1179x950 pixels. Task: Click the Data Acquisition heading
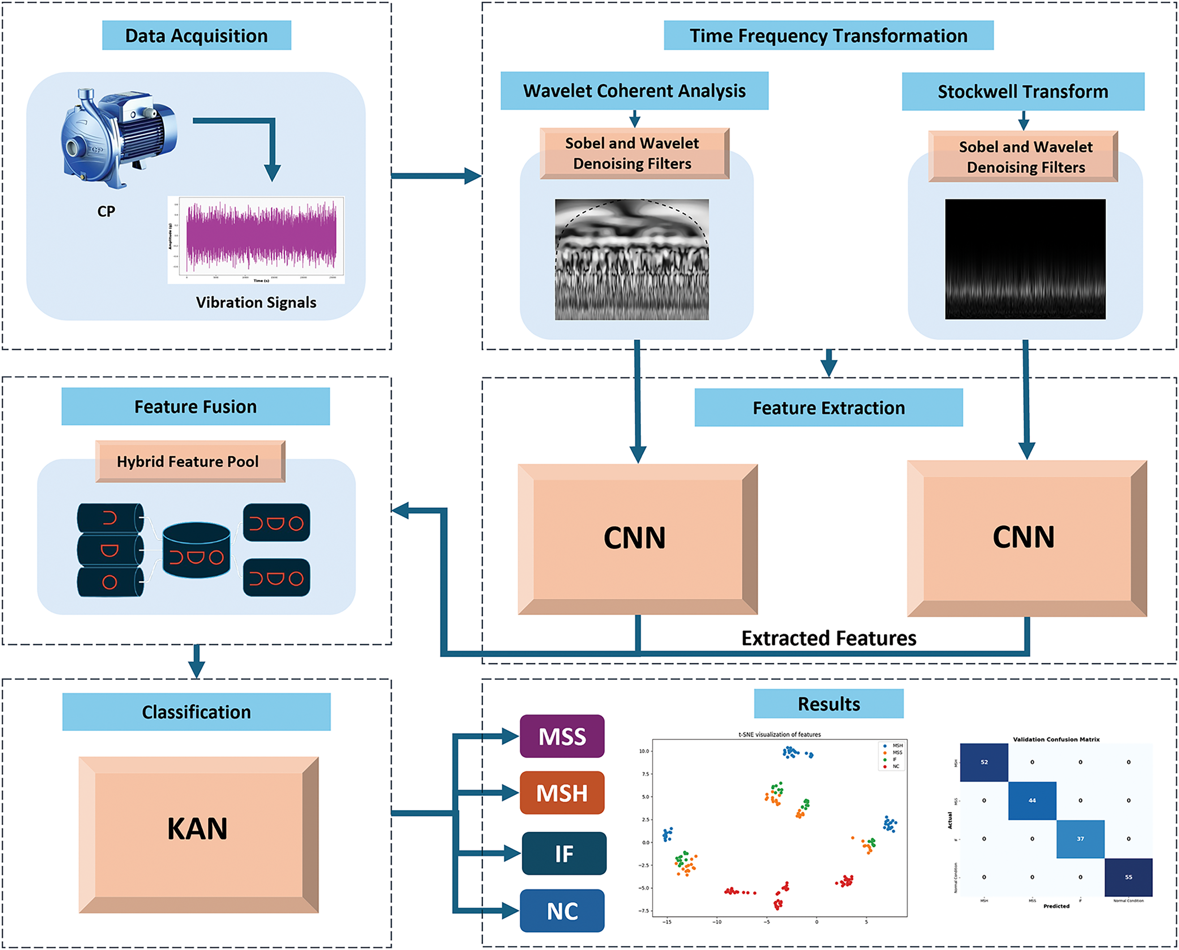click(x=197, y=35)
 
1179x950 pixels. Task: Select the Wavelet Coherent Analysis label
click(x=634, y=91)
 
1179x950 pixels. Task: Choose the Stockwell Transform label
click(x=1023, y=91)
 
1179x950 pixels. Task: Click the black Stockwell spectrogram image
click(x=1025, y=259)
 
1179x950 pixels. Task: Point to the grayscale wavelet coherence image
click(x=632, y=259)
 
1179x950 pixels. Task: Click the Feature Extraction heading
click(x=828, y=408)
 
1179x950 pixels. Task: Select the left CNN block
click(x=637, y=538)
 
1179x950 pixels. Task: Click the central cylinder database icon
click(x=197, y=550)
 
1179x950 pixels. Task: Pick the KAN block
click(x=198, y=829)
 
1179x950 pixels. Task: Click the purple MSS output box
click(x=562, y=736)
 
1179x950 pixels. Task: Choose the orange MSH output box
click(x=562, y=793)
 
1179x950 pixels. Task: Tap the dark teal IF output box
click(x=563, y=853)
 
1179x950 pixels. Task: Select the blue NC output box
click(x=562, y=911)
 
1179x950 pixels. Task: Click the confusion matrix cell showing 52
click(x=984, y=762)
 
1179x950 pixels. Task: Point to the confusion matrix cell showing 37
click(x=1080, y=839)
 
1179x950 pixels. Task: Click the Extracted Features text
click(x=828, y=638)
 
